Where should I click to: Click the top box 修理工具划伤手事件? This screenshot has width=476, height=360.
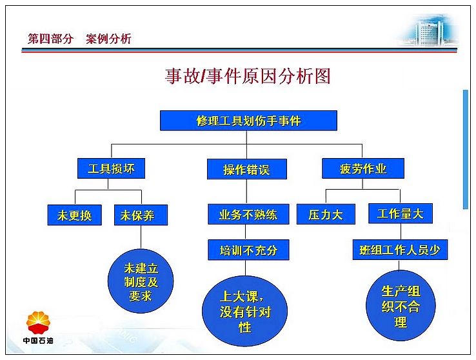pos(248,121)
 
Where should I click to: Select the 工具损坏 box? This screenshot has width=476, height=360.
pos(111,168)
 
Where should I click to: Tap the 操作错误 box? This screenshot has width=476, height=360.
pos(247,169)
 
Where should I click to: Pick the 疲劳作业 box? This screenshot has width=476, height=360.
pos(362,168)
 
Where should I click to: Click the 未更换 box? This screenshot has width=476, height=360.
pos(74,215)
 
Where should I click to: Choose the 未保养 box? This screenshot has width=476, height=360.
pos(141,215)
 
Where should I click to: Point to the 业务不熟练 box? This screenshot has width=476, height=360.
pos(248,214)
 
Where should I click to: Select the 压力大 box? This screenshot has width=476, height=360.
pos(326,214)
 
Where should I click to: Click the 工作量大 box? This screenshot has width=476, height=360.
pos(401,214)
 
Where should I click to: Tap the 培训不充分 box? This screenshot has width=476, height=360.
pos(248,250)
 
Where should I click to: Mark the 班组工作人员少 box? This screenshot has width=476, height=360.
pos(400,250)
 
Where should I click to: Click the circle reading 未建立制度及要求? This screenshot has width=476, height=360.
pos(141,281)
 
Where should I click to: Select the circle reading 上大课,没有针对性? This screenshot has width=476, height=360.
pos(244,310)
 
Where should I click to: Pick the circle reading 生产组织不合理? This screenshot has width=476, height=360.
pos(401,305)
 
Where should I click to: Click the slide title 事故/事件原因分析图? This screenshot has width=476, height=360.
pos(248,76)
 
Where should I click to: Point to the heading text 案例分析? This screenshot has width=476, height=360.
pos(108,39)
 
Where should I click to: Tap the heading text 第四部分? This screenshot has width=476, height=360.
pos(50,39)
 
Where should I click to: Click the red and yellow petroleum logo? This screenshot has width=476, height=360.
pos(38,323)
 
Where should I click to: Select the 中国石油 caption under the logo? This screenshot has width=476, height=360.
pos(38,341)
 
